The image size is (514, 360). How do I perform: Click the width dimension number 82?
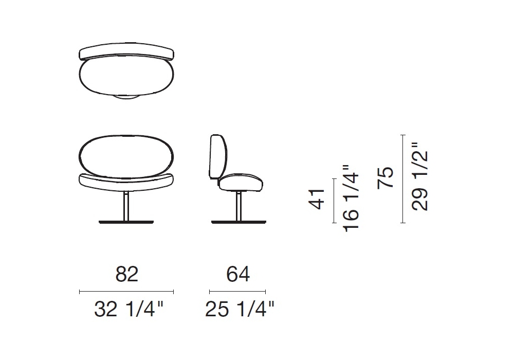127,274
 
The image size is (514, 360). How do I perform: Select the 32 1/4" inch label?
128,309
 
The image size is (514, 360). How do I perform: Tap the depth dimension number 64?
238,274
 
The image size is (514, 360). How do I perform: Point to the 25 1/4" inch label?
240,309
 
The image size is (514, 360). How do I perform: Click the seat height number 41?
317,199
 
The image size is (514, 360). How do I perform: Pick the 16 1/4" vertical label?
351,199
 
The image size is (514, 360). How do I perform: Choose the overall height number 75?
385,177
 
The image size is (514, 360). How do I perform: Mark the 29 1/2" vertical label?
420,176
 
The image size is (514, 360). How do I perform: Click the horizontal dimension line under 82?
126,292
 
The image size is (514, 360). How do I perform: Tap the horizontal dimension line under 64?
237,292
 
